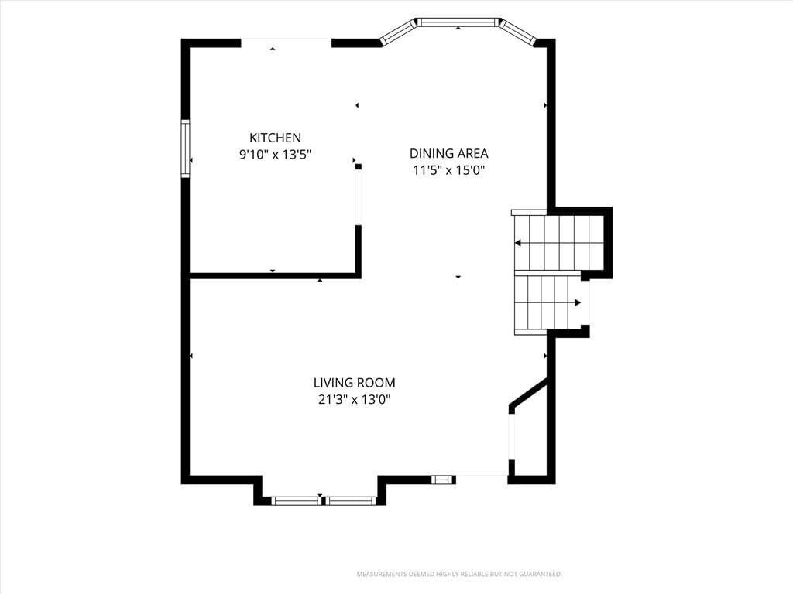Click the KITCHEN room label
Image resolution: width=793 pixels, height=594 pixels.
[x=275, y=138]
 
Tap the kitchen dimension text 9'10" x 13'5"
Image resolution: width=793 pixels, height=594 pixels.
[x=275, y=154]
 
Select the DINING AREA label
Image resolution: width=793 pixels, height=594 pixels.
[x=448, y=153]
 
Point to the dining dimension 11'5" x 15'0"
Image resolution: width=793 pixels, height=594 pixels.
[x=449, y=169]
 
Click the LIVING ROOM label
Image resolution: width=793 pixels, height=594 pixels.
[x=355, y=383]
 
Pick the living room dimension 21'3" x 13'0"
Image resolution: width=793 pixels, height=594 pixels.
[x=355, y=400]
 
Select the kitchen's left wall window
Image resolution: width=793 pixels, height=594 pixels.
[x=186, y=148]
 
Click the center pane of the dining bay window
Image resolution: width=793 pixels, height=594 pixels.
[x=458, y=22]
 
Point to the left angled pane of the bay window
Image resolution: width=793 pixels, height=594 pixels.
[x=398, y=32]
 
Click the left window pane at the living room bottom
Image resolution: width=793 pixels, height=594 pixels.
[x=297, y=500]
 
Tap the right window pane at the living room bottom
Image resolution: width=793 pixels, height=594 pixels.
[x=349, y=500]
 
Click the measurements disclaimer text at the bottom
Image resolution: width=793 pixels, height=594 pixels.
[x=459, y=574]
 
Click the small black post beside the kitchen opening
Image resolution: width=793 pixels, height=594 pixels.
[x=359, y=166]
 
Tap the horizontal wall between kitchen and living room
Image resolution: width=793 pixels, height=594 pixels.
[x=275, y=275]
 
